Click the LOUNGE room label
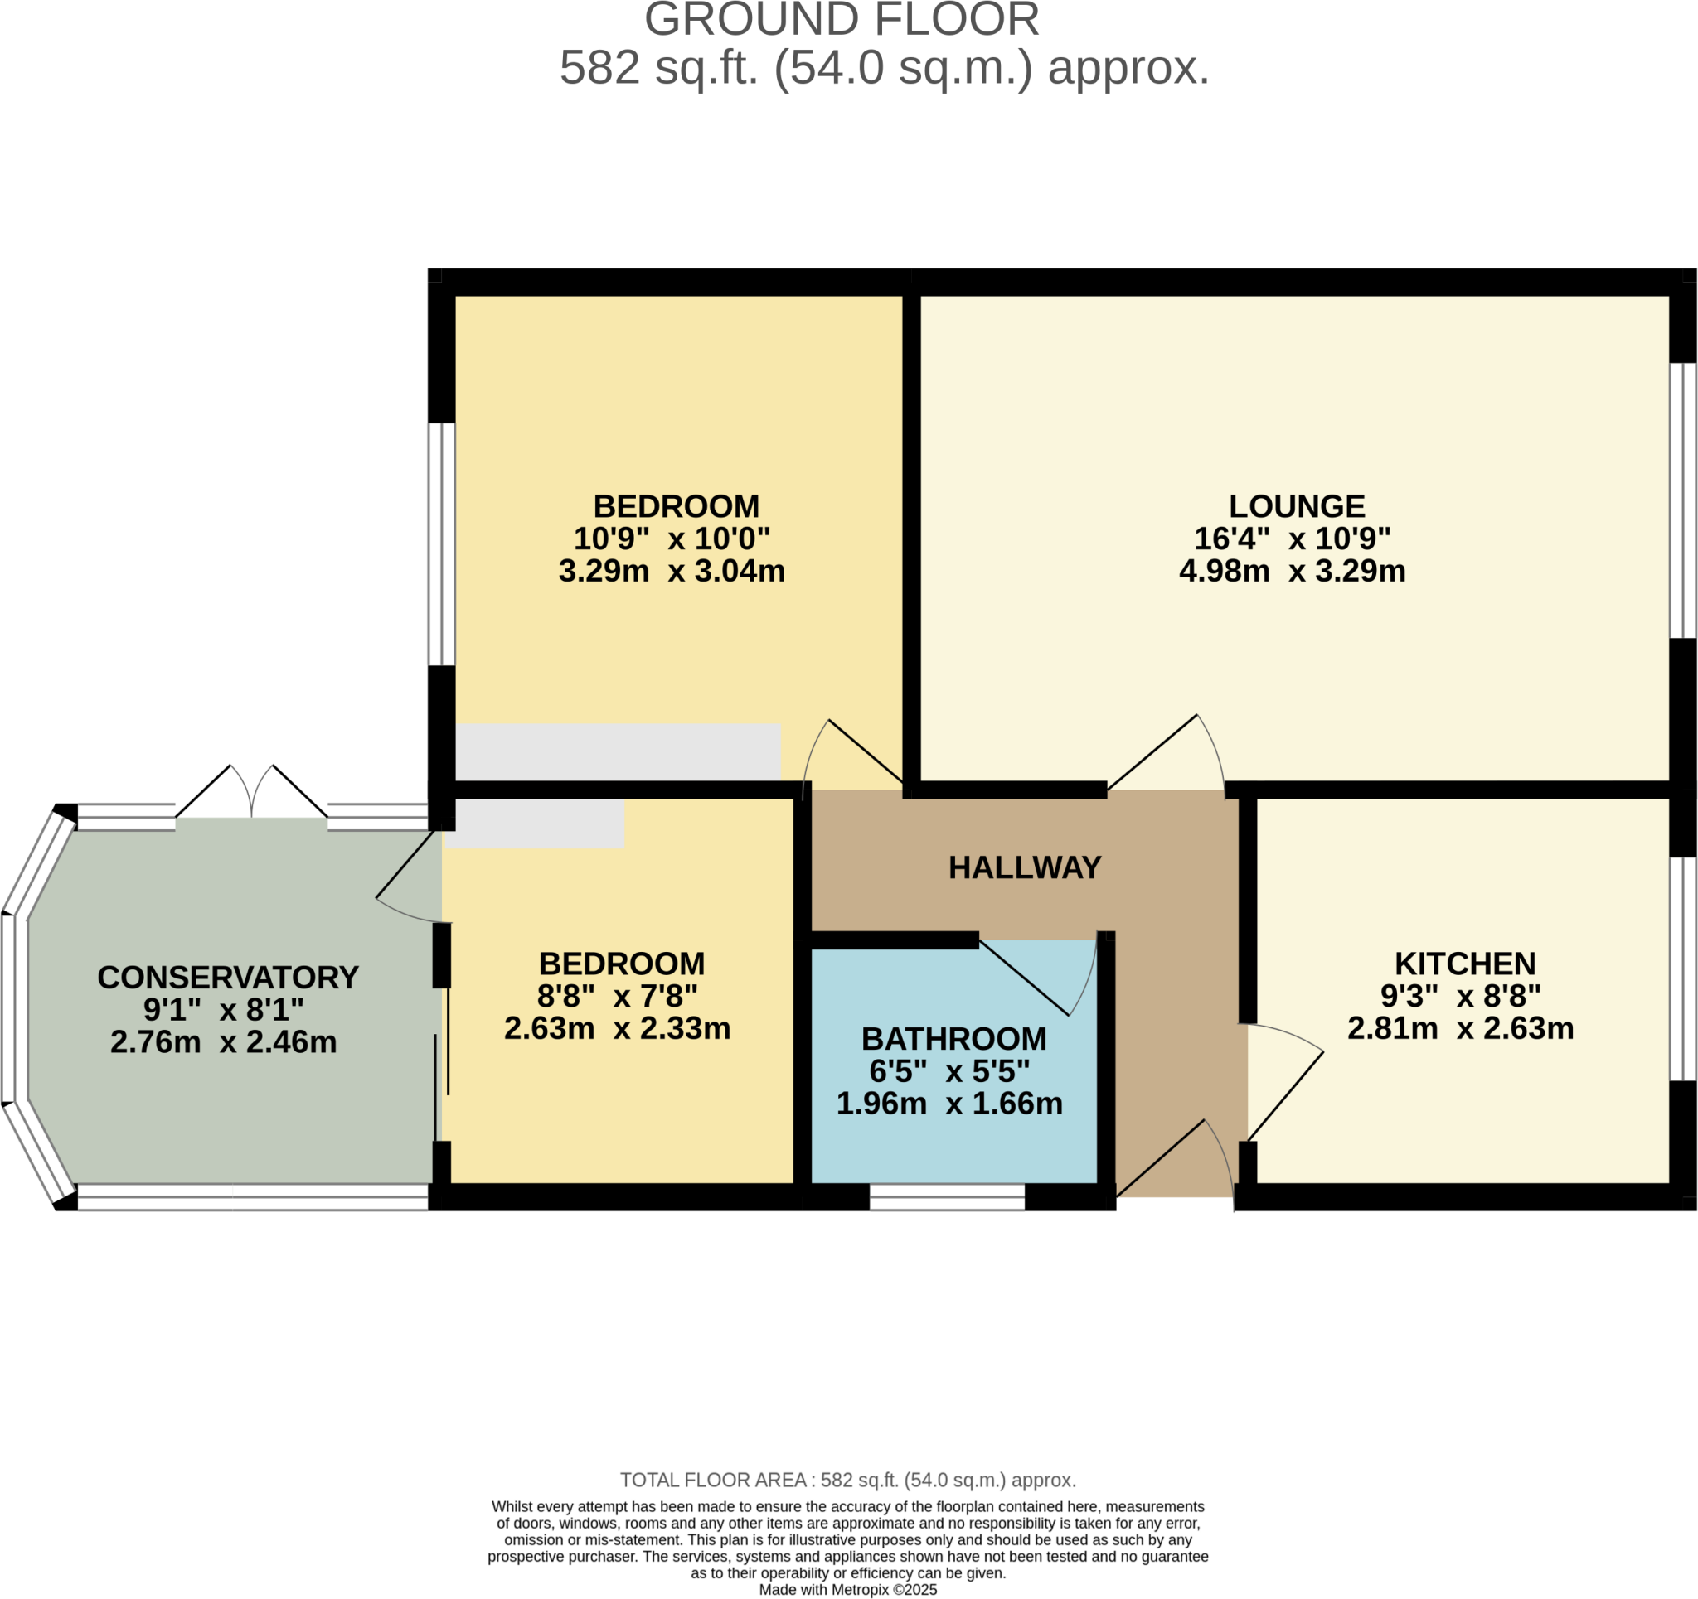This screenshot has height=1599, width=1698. [1296, 506]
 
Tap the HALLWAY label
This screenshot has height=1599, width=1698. [1024, 867]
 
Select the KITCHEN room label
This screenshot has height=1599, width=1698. [1465, 964]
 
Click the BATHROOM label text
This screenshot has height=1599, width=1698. [953, 1039]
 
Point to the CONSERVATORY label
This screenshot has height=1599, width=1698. [227, 978]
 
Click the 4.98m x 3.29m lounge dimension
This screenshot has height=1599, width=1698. [1292, 570]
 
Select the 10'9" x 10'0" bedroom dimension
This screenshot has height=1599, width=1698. [672, 539]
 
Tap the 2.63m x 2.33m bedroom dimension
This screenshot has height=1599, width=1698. [617, 1028]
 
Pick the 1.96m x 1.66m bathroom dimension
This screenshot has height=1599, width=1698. [949, 1103]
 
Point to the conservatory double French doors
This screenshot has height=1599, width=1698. [251, 794]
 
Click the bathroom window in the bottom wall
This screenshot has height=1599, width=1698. [946, 1197]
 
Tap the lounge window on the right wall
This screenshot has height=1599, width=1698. [1682, 500]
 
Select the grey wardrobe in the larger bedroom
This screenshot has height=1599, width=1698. [618, 751]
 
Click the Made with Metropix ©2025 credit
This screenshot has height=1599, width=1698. [847, 1590]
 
